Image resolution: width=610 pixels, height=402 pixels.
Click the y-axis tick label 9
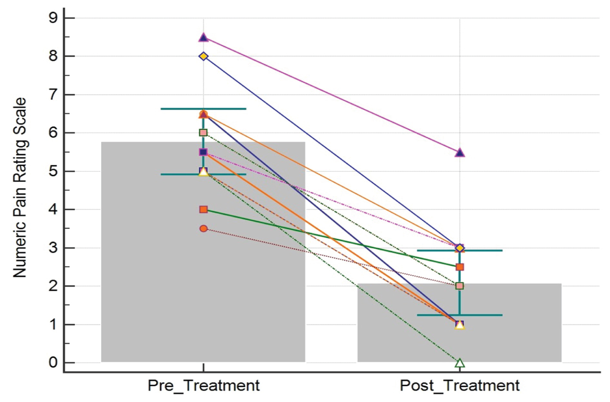coord(54,18)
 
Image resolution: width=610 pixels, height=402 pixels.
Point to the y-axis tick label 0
coord(54,362)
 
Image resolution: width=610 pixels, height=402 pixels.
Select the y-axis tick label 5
coord(54,171)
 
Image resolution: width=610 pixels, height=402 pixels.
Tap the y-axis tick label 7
coord(54,95)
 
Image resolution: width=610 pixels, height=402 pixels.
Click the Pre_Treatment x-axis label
coord(203,385)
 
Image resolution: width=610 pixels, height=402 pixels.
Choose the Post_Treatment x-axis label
coord(460,385)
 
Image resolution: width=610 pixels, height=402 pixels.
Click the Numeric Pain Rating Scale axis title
coord(20,188)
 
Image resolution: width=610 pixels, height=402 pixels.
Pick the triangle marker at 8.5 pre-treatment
coord(203,38)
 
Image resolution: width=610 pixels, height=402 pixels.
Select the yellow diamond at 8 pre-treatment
coord(203,56)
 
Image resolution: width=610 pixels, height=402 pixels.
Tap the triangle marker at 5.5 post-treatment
coord(460,153)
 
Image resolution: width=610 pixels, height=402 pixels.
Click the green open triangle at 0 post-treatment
coord(460,363)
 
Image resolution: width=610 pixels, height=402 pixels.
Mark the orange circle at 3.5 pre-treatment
coord(203,229)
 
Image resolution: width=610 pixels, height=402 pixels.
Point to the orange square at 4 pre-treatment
coord(203,210)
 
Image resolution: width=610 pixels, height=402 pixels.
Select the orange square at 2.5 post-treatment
coord(460,267)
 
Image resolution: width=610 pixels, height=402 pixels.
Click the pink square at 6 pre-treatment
coord(203,133)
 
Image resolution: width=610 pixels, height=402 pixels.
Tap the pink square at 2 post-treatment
coord(460,286)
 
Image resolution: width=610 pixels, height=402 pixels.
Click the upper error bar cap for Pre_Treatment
coord(203,109)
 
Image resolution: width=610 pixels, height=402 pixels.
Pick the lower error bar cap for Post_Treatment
coord(460,315)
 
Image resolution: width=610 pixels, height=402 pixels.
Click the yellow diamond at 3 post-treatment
coord(460,248)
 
